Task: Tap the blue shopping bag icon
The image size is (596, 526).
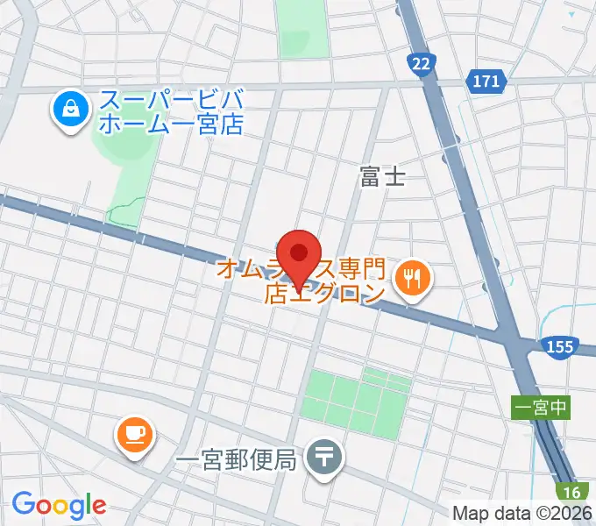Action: coord(67,110)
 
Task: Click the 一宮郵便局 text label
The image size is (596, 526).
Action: coord(236,458)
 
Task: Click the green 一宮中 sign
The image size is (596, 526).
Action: coord(541,407)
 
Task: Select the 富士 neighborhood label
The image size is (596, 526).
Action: coord(383,178)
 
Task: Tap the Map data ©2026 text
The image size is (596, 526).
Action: coord(522,513)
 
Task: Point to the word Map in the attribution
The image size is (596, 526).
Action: coord(471,513)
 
